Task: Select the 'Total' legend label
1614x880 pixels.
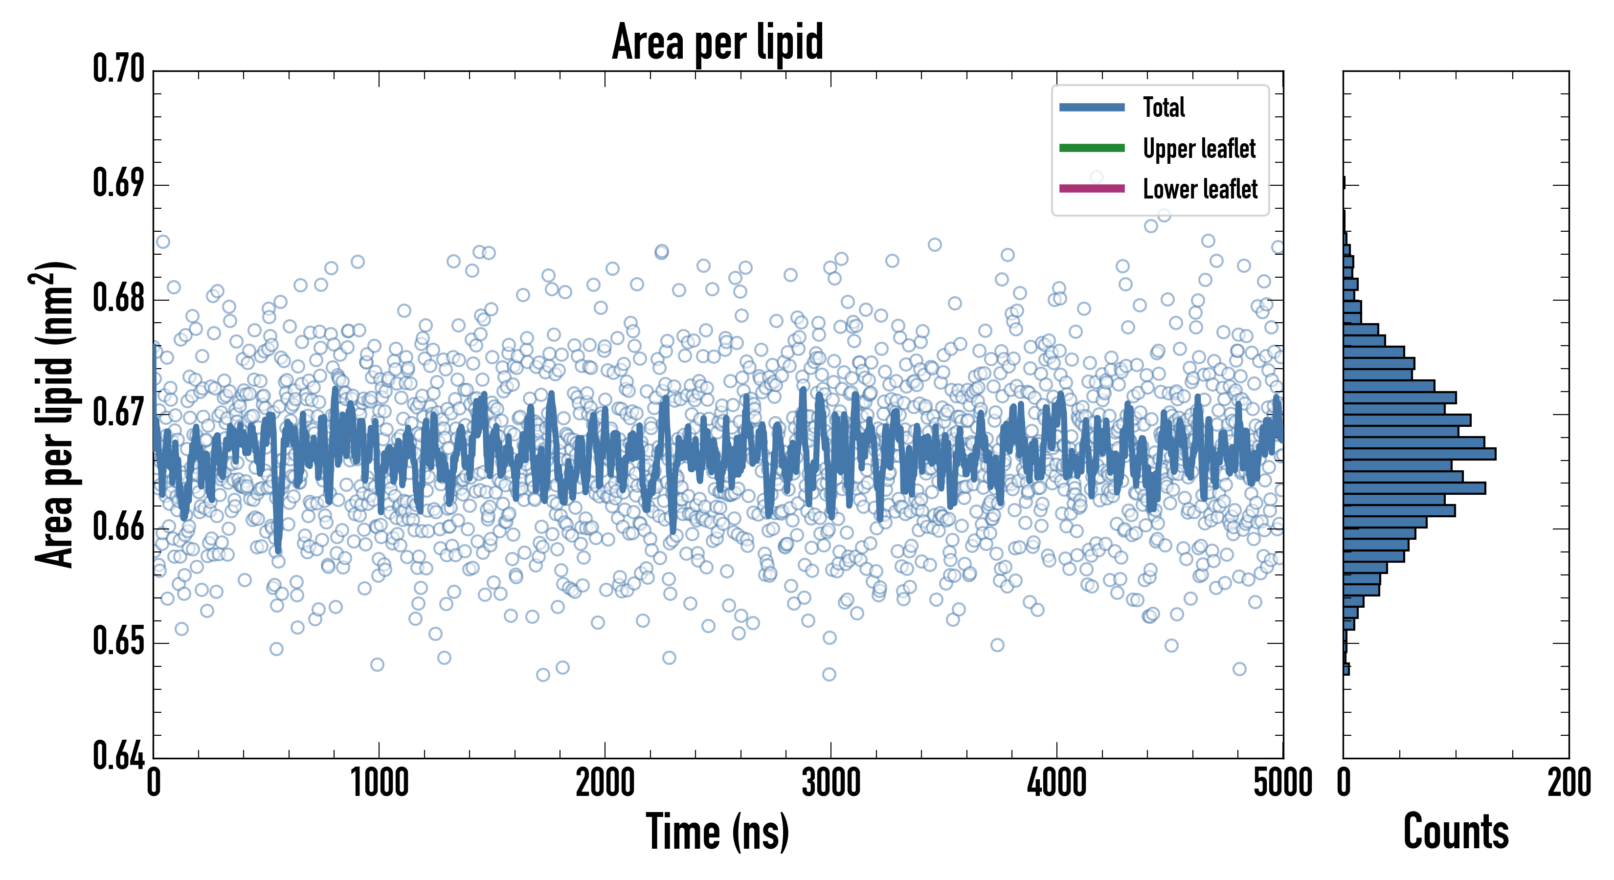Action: click(x=1164, y=107)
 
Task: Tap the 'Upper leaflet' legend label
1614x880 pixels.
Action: click(x=1199, y=149)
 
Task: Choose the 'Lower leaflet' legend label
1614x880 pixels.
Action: click(x=1200, y=189)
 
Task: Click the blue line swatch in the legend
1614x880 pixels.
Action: click(x=1092, y=107)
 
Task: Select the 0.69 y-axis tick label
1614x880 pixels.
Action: click(x=118, y=183)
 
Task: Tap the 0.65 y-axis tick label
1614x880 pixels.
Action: click(x=118, y=641)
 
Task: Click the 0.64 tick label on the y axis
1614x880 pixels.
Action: click(x=118, y=755)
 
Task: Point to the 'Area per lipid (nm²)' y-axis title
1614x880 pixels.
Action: click(x=53, y=415)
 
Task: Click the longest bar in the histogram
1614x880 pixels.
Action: click(x=1419, y=454)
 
